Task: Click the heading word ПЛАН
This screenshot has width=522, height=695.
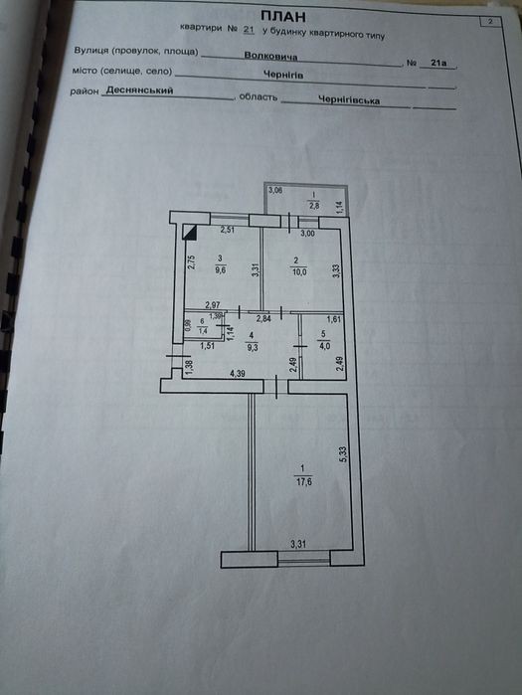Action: [283, 16]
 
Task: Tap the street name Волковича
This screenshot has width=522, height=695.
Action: [270, 57]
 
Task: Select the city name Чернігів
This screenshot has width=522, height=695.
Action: [283, 75]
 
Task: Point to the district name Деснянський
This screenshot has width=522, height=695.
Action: [139, 90]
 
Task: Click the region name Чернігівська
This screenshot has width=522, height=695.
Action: [349, 100]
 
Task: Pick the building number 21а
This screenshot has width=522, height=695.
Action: [438, 63]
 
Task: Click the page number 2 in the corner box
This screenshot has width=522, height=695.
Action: [490, 21]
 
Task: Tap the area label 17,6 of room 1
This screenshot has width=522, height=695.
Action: [303, 481]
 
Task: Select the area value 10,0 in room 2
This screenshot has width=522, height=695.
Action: [299, 271]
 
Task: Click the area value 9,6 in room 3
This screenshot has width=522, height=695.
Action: [220, 269]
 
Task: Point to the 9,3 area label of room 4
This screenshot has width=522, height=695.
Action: [253, 348]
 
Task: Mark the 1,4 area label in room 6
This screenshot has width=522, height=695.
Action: [203, 330]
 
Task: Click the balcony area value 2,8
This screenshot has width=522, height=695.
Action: [313, 205]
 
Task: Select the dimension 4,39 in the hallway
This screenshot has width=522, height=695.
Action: [238, 374]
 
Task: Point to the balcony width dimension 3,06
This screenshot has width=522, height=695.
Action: [275, 191]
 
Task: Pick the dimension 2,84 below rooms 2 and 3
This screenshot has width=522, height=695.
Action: [264, 317]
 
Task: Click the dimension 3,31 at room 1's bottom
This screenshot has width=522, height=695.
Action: [298, 544]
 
